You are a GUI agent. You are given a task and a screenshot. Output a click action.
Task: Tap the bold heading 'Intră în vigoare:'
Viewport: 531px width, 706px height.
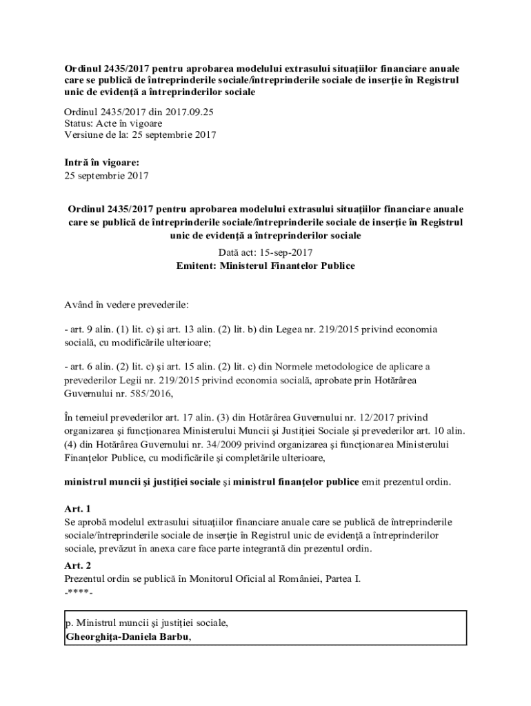[x=101, y=163]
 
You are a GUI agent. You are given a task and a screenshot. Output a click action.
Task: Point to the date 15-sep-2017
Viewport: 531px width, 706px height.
[x=284, y=253]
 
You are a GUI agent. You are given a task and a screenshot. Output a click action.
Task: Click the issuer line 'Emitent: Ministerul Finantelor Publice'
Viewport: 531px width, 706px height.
[x=265, y=265]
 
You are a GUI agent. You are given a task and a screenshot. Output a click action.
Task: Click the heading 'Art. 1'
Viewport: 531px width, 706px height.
[x=77, y=509]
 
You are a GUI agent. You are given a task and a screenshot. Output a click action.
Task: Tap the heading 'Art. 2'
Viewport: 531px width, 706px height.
[x=77, y=565]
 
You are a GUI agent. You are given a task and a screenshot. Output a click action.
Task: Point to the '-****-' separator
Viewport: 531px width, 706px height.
[x=79, y=592]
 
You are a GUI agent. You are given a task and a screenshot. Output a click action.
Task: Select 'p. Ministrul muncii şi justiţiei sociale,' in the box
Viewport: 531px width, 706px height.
[x=146, y=623]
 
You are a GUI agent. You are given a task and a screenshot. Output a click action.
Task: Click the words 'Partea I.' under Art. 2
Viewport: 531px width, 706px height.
[x=340, y=578]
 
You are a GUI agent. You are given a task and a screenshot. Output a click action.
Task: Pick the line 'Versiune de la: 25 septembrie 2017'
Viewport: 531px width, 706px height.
[x=140, y=135]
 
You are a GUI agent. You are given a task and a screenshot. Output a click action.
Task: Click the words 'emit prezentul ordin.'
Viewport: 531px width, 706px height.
[x=406, y=481]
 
